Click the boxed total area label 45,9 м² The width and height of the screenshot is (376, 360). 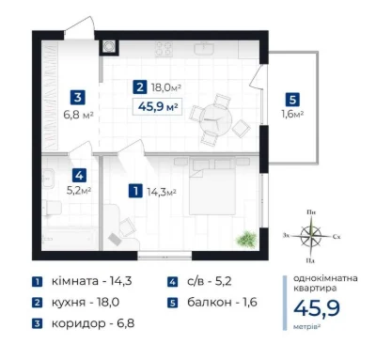pos(157,107)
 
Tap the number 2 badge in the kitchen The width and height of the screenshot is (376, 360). pos(140,86)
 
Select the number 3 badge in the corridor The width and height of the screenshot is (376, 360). pos(78,97)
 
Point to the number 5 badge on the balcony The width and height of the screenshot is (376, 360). pos(292,100)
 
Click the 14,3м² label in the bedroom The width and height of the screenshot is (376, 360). pos(162,192)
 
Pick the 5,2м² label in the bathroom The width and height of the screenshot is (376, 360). pos(79,191)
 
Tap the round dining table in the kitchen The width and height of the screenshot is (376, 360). pos(216,120)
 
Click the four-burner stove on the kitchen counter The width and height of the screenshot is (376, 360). pos(164,49)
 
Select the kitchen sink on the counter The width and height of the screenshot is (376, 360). pos(204,49)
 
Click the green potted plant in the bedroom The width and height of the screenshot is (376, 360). pos(247,239)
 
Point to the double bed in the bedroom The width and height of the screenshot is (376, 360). pos(212,186)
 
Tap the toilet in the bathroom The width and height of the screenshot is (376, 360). pos(53,208)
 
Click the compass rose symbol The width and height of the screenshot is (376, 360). pos(311,236)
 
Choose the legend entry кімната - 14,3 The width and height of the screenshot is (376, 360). pos(91,281)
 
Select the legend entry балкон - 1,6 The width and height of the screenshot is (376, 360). pos(222,303)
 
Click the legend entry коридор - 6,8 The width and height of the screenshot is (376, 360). pos(93,323)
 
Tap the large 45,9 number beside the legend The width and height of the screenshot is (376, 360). pos(317,308)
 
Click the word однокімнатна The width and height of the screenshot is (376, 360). pos(325,278)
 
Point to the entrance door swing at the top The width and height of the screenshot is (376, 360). pos(80,28)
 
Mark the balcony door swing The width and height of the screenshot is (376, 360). pos(258,77)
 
